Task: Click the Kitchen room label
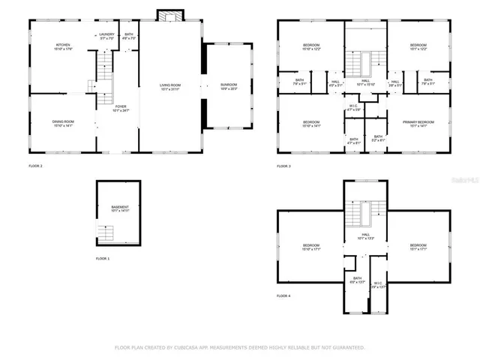[62, 46]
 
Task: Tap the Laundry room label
[106, 34]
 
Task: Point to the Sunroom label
[228, 85]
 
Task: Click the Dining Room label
[62, 122]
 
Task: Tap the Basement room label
[120, 208]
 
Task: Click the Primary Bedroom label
[418, 122]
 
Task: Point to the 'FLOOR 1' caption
[102, 259]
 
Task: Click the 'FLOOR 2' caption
[35, 166]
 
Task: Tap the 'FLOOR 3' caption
[283, 166]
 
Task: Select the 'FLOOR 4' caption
[283, 296]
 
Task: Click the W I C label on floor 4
[378, 284]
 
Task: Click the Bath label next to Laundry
[129, 34]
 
